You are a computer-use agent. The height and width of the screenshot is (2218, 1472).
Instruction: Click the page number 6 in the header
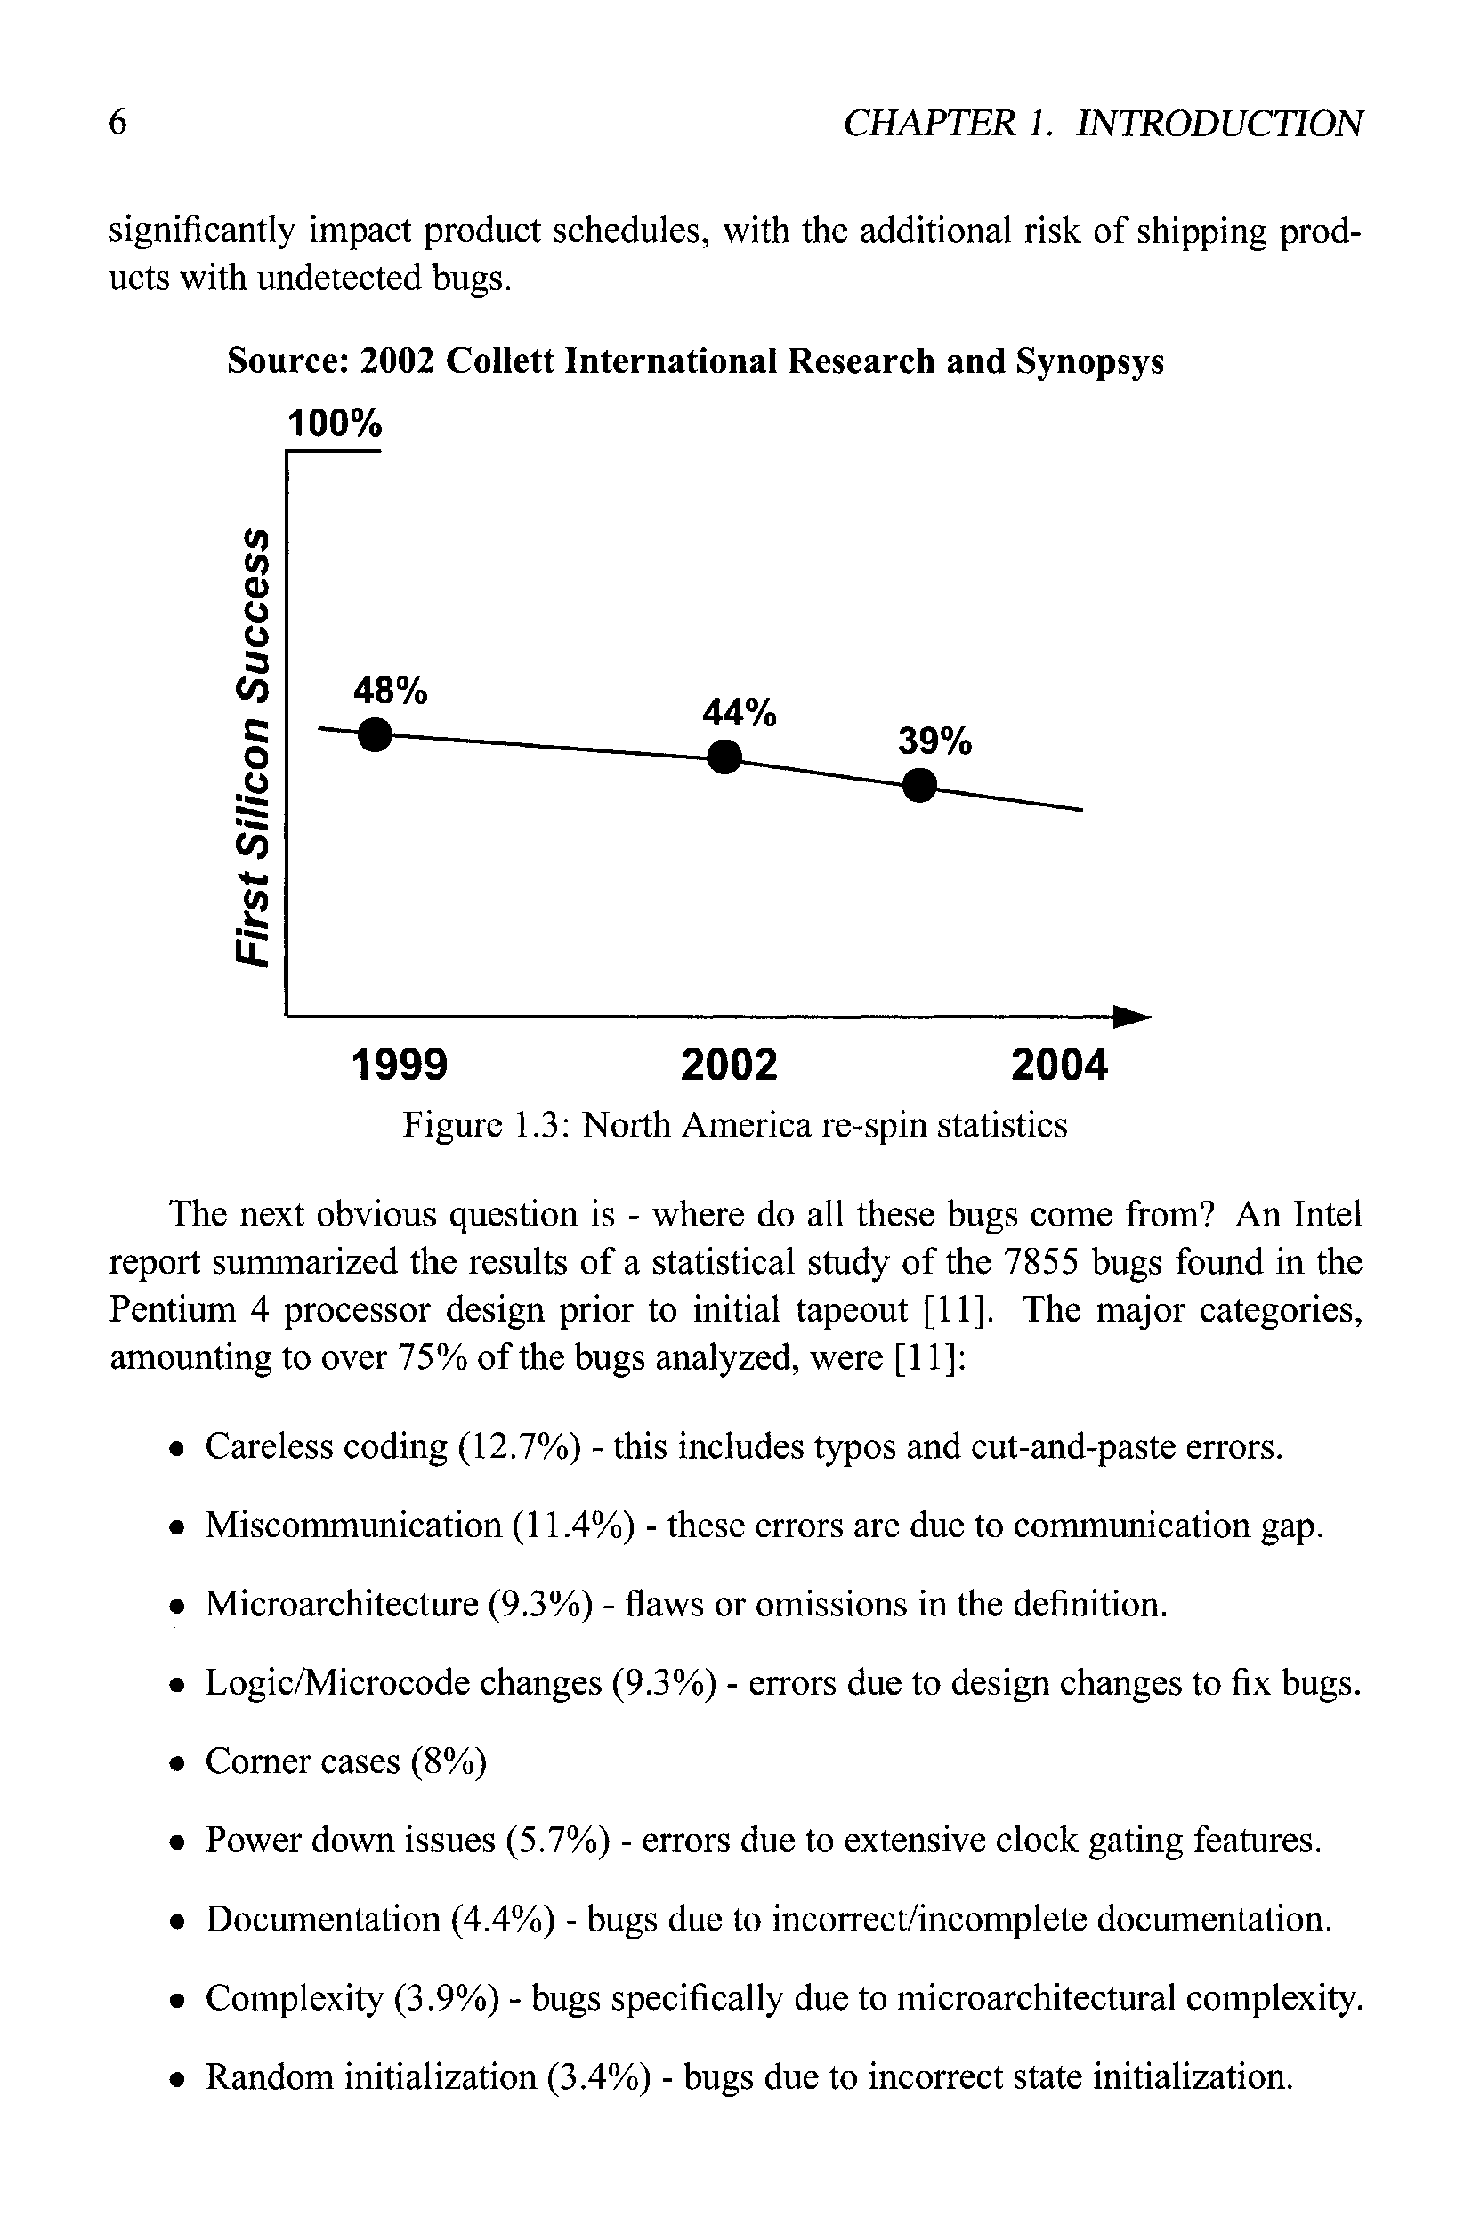pos(117,123)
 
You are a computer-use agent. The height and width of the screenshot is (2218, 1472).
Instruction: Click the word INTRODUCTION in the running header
pos(1218,123)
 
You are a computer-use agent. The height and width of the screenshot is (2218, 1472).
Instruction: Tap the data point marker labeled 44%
pos(724,756)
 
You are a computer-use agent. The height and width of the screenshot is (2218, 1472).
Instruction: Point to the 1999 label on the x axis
pos(399,1065)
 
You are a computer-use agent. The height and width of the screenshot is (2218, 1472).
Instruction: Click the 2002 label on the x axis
pos(730,1065)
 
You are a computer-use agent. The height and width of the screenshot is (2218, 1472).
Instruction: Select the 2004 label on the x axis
pos(1059,1065)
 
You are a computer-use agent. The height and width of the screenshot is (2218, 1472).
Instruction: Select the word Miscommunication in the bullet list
pos(354,1526)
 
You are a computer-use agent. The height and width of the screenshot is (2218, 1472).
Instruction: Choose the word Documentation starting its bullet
pos(323,1920)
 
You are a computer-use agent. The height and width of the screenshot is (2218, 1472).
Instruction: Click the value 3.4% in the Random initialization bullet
pos(598,2077)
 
